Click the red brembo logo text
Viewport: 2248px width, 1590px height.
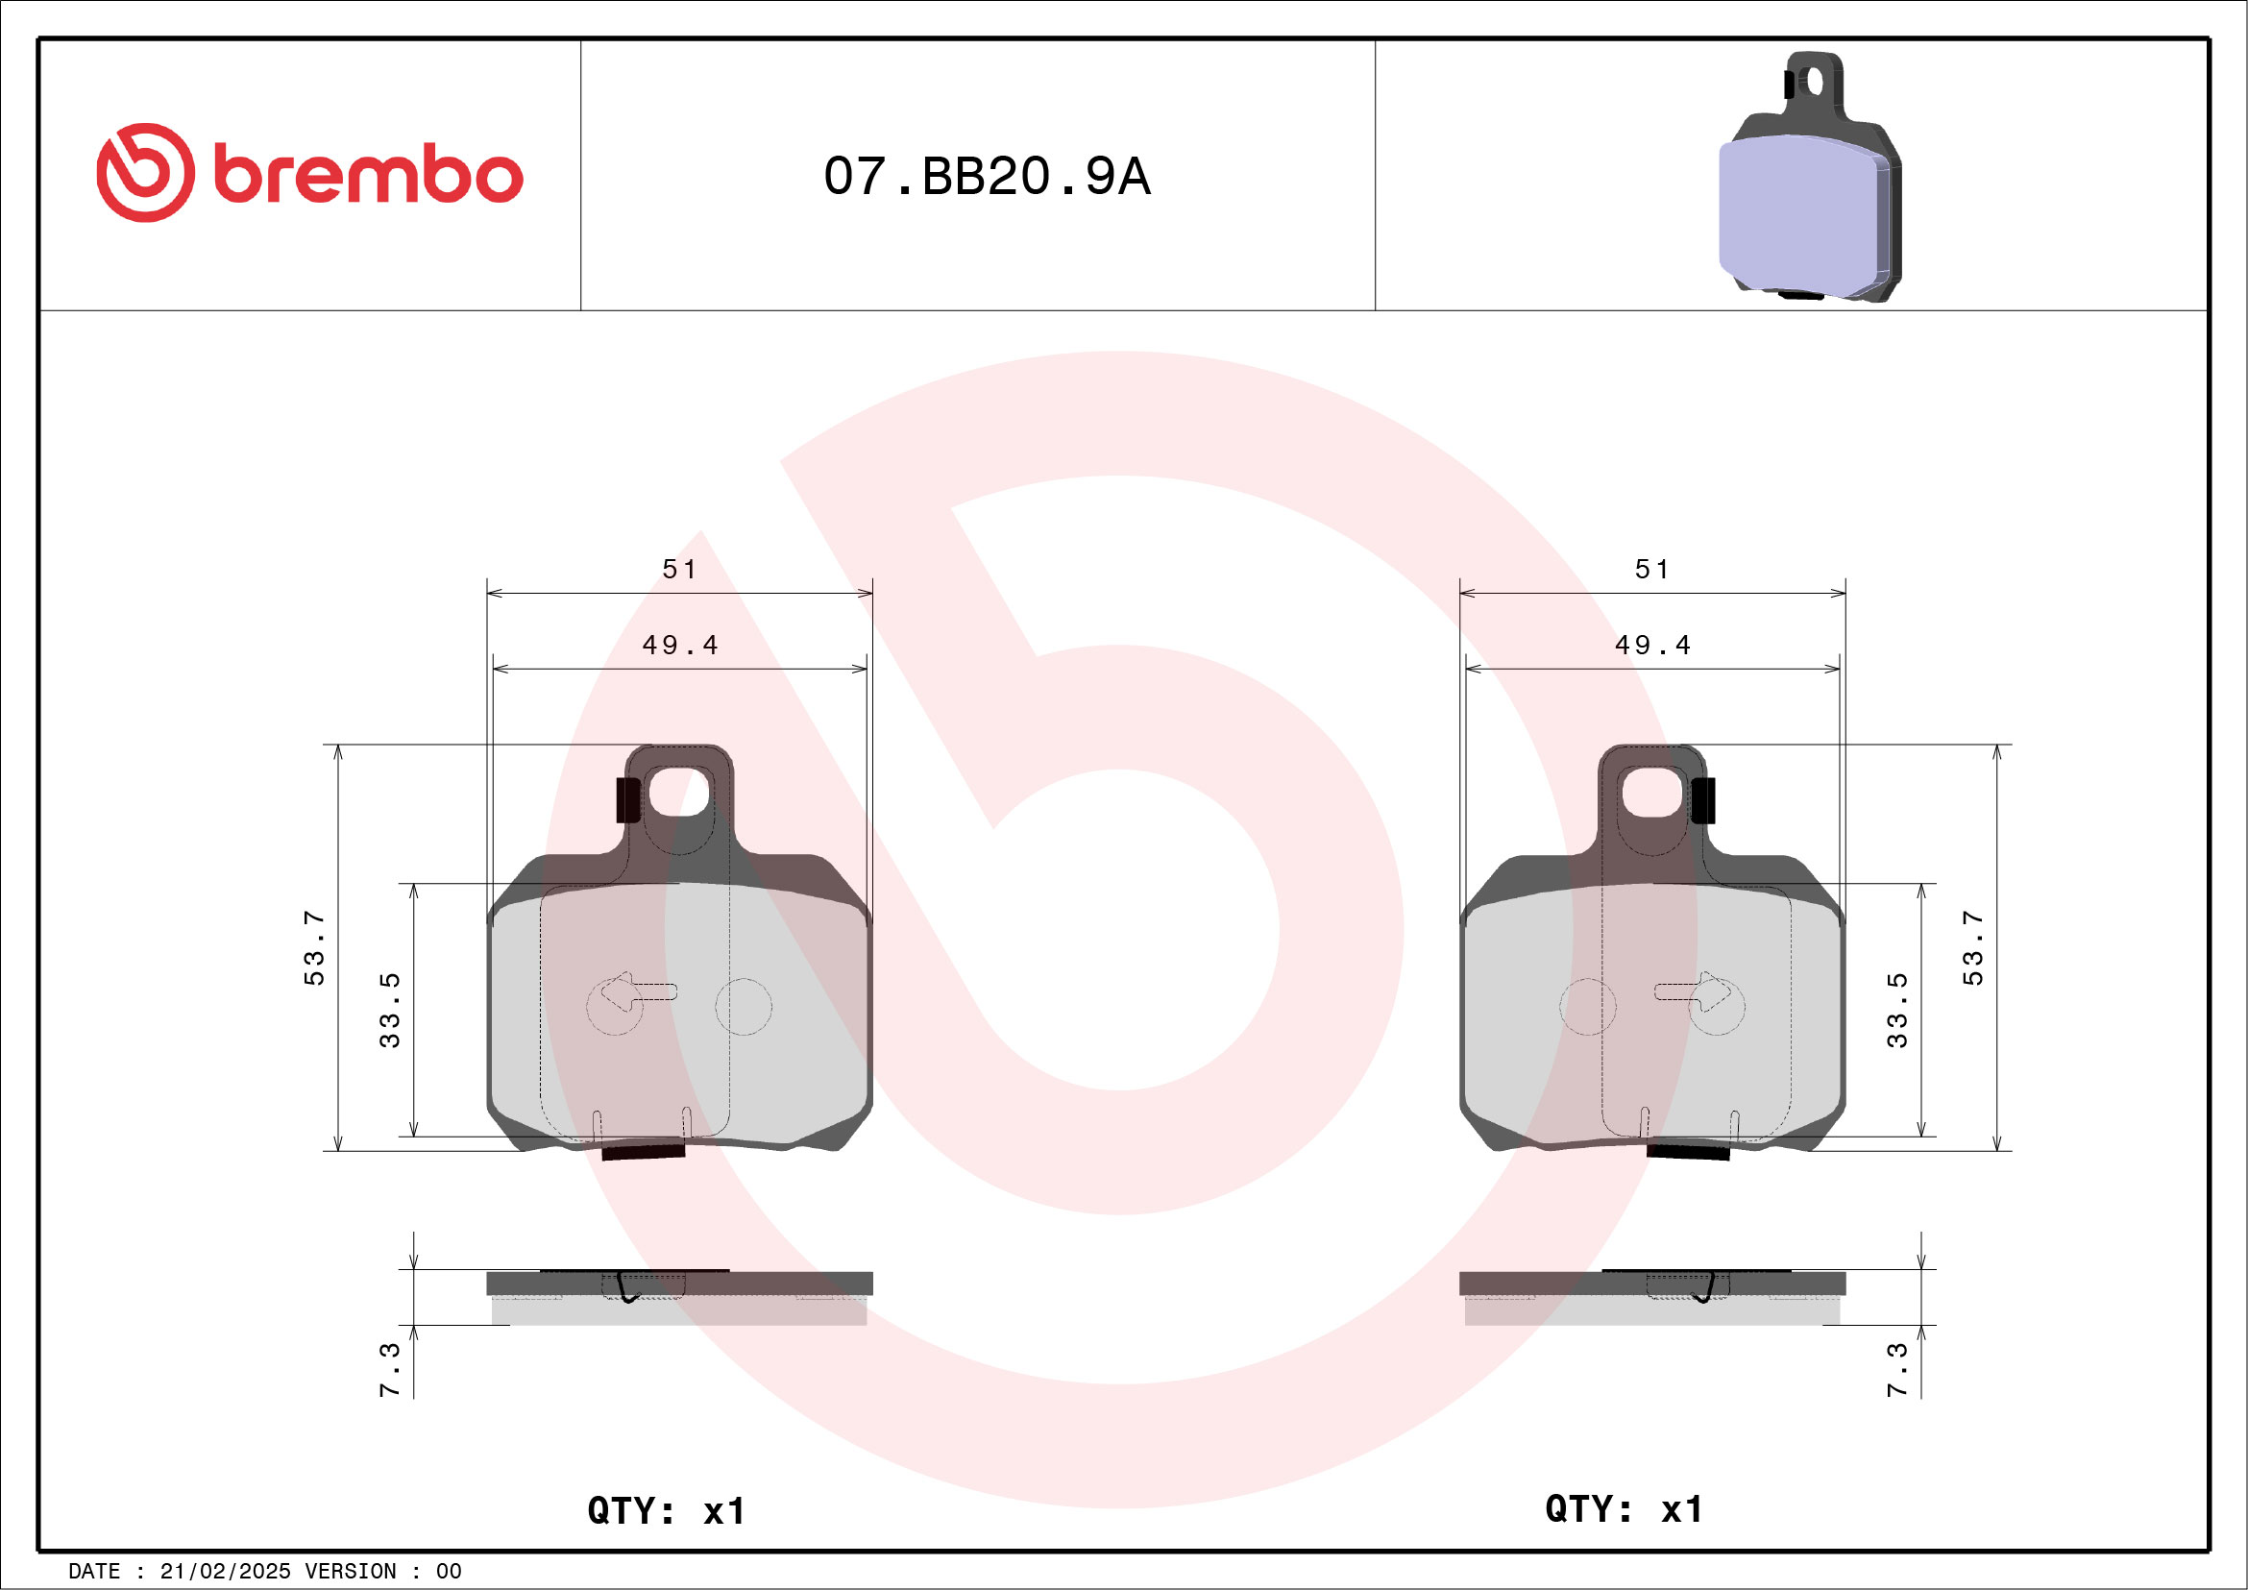pos(367,176)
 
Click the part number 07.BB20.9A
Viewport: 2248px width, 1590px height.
pos(986,176)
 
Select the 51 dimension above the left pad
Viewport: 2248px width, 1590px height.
pos(679,569)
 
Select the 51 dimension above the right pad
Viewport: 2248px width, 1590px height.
pos(1651,569)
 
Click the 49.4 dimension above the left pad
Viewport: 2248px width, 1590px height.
pos(679,646)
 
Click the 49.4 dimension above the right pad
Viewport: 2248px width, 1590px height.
pos(1651,646)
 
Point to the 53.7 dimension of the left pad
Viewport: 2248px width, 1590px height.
pos(313,946)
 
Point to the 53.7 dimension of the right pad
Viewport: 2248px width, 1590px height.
pos(1972,946)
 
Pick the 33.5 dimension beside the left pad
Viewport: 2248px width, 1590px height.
pos(390,1010)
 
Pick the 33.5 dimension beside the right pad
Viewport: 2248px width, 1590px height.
pos(1896,1010)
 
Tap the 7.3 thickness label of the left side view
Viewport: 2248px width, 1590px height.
pos(390,1369)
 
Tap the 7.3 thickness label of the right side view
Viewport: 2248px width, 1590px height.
pos(1896,1369)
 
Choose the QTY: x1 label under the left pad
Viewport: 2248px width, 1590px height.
pos(666,1510)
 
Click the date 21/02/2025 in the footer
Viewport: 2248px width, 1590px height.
pos(225,1572)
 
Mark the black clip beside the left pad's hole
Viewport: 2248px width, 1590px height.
pos(627,800)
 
